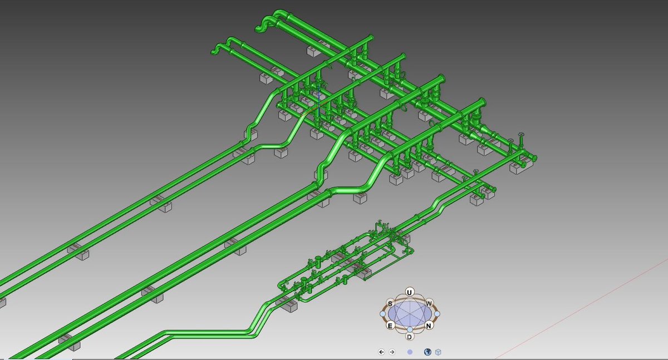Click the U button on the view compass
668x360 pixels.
coord(409,292)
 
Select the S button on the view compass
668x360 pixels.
coord(390,304)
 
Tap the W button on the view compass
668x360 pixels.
coord(429,304)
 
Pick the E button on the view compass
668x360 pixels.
coord(390,326)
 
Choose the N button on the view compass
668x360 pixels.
coord(429,326)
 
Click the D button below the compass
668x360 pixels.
coord(410,337)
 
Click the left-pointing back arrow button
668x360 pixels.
coord(381,352)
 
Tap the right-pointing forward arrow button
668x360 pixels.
coord(392,352)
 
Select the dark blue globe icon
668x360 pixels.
coord(428,352)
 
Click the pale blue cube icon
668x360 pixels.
coord(438,352)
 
